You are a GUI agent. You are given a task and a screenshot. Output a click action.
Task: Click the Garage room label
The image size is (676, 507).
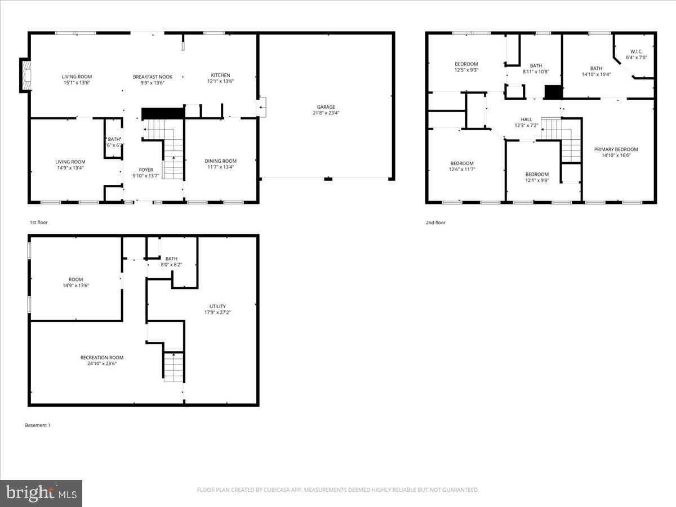[326, 106]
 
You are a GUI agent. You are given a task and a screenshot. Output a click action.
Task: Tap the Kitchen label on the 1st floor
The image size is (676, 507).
[220, 75]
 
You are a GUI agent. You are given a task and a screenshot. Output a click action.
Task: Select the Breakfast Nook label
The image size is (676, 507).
[153, 77]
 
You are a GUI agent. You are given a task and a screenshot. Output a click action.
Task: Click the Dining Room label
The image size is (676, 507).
[220, 161]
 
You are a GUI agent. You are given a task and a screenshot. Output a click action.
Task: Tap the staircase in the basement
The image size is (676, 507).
[174, 366]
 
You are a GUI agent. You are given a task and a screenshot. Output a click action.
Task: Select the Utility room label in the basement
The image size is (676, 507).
[217, 306]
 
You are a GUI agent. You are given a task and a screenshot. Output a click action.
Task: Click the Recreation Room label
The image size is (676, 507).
[102, 357]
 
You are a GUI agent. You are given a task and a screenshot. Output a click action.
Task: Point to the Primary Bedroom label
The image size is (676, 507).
[616, 149]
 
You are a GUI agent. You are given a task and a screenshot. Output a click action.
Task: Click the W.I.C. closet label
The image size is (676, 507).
[637, 51]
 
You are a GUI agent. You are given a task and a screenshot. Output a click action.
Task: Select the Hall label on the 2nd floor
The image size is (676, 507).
[526, 119]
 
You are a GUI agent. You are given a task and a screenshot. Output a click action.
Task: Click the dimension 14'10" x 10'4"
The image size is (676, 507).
[596, 74]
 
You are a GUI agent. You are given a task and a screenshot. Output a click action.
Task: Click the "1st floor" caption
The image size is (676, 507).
[39, 223]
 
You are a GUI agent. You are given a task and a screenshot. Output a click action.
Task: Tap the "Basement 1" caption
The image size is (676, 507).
[38, 425]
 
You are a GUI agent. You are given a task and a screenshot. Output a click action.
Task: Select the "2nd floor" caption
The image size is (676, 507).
[435, 223]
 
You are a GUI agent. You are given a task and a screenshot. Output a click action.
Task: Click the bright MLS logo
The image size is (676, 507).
[41, 493]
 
